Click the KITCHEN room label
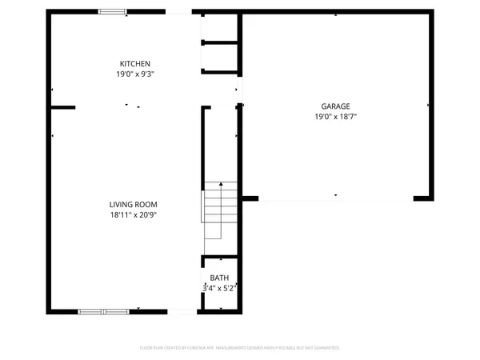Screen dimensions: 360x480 135,64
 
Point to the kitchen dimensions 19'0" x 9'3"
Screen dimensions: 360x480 135,74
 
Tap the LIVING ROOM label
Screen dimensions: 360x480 134,205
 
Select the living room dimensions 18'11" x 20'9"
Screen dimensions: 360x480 134,214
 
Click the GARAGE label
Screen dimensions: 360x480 337,106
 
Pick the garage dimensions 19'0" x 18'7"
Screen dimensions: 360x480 337,116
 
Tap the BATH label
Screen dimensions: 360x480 219,278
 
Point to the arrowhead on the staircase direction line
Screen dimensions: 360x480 221,184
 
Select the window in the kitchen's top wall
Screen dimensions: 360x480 112,12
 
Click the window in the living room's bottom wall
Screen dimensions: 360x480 103,311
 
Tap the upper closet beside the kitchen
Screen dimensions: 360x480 220,28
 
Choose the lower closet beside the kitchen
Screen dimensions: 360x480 220,57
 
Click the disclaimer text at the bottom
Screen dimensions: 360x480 240,348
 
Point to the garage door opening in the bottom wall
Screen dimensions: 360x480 336,198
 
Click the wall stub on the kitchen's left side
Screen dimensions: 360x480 62,107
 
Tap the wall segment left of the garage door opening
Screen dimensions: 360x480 250,198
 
